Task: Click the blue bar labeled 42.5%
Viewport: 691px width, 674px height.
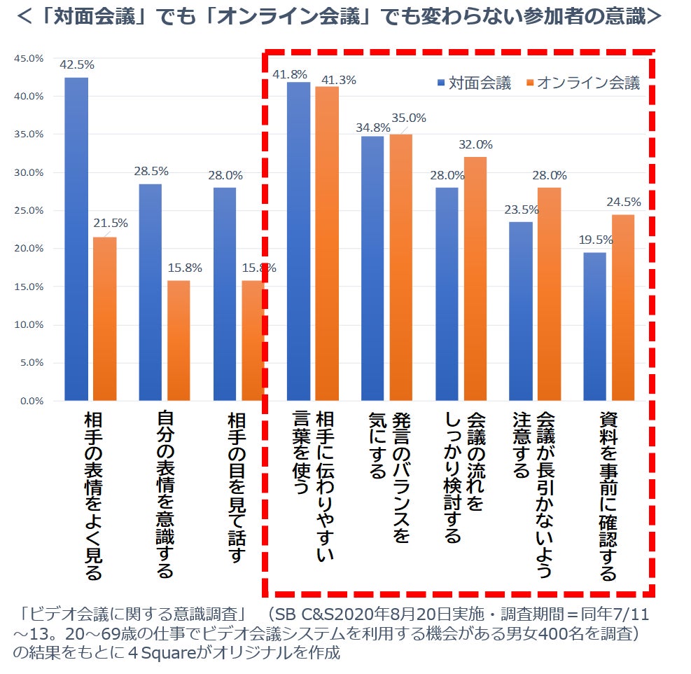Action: [76, 238]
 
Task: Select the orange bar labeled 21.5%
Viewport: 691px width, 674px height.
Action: [105, 319]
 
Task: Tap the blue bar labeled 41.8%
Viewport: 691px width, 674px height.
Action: [299, 241]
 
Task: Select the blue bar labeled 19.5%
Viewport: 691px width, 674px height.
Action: [595, 326]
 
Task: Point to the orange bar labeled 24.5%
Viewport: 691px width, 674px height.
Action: [623, 308]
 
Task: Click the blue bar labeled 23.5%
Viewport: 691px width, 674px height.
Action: [521, 311]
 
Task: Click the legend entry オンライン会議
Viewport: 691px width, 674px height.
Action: [592, 83]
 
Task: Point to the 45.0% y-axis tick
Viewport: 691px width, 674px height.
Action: [29, 58]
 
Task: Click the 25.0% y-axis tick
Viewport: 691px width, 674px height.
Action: [29, 210]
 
